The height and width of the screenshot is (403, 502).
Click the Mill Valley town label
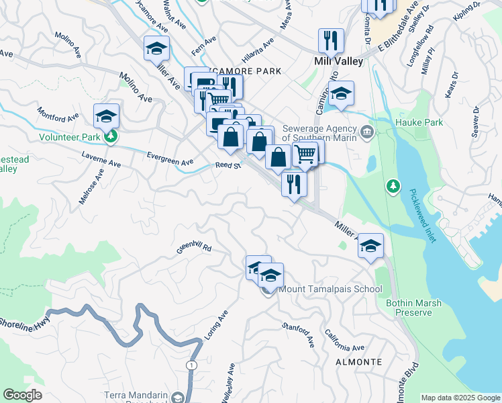338,61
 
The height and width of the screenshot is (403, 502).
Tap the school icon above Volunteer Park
106,117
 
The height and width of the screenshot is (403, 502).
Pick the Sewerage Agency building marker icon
366,130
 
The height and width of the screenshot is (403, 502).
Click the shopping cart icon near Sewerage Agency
305,154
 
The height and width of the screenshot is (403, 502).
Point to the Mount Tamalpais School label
330,289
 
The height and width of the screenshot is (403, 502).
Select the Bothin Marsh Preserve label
413,308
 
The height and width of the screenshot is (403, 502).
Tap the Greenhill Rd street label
194,248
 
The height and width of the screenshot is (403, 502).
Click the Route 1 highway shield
192,364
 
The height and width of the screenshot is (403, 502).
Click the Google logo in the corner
22,395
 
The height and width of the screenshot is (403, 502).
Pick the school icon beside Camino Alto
341,95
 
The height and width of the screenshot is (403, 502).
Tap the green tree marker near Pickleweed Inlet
393,185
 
